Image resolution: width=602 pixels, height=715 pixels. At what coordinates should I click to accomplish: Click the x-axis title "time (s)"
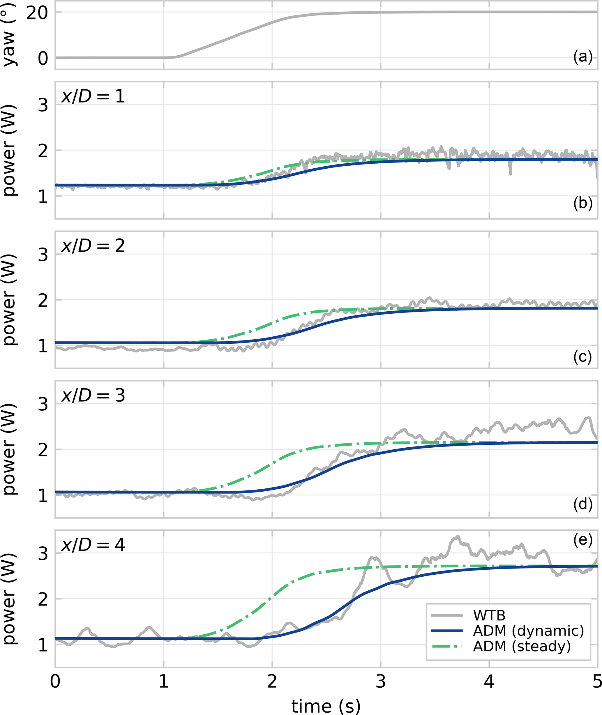(326, 705)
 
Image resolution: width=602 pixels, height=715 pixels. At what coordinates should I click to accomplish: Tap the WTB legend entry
(489, 615)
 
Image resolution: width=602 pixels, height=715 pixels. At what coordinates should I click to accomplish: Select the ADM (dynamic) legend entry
(528, 631)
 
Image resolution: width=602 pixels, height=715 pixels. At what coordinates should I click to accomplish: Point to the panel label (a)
(583, 56)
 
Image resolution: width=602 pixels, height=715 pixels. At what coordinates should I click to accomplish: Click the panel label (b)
(583, 203)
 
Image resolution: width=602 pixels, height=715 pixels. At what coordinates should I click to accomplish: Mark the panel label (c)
(582, 357)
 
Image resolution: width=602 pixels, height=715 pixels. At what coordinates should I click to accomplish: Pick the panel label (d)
(583, 504)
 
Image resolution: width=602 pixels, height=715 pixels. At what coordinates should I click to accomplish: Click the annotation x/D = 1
(93, 96)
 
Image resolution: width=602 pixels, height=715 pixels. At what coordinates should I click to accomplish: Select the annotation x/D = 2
(93, 246)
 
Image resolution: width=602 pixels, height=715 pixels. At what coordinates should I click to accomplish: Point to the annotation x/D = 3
(93, 395)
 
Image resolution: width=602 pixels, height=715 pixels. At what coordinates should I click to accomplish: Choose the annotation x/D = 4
(93, 545)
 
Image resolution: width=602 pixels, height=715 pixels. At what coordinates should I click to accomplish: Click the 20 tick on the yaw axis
(37, 13)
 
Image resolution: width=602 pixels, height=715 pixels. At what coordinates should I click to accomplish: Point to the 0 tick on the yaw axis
(43, 58)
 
